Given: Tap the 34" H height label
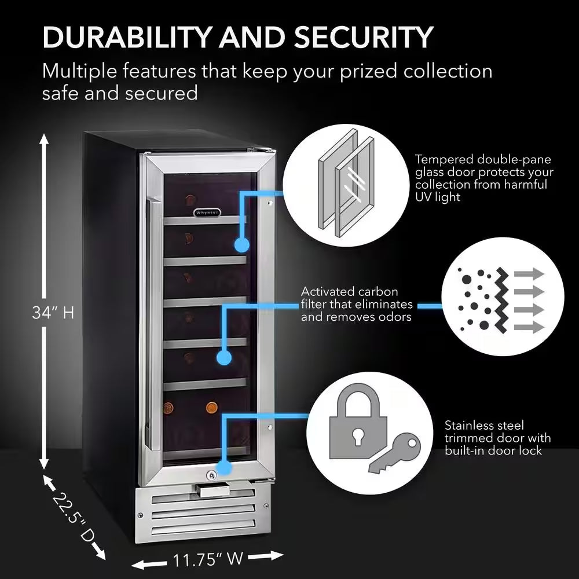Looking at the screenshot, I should (x=53, y=313).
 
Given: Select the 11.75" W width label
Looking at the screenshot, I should (x=207, y=559).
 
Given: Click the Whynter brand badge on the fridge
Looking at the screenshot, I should (x=206, y=212).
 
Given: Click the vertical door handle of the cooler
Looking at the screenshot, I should (x=152, y=324).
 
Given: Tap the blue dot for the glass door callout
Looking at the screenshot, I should (x=241, y=245).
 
